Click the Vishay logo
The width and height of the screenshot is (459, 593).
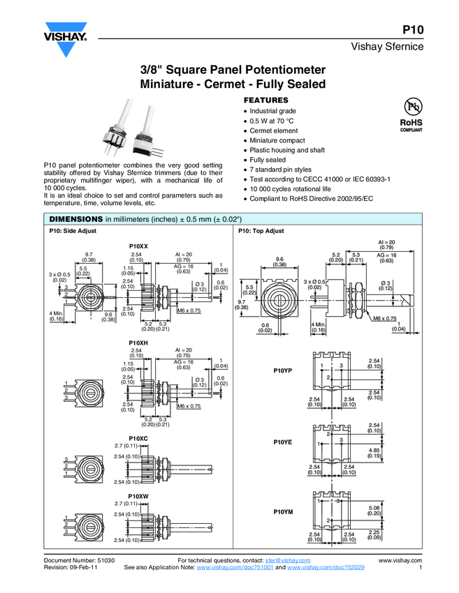point(66,39)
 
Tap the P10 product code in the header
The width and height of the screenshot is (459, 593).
point(413,30)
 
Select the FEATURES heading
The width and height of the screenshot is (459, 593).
point(266,100)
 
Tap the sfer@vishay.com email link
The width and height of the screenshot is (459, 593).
point(288,560)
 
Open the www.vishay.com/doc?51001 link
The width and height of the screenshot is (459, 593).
point(235,567)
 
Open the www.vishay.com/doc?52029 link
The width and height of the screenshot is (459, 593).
point(326,567)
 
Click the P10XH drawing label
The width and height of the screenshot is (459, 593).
point(138,343)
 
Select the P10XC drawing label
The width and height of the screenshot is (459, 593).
point(138,438)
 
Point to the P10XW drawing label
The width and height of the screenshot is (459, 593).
point(138,496)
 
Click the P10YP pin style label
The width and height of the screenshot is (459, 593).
point(282,370)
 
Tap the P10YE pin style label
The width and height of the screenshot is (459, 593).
point(282,442)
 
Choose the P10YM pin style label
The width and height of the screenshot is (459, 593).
point(283,511)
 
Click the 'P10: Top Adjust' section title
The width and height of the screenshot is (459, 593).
point(261,231)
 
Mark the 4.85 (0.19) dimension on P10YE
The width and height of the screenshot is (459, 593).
point(374,453)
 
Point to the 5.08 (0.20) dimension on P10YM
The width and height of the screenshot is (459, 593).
point(374,510)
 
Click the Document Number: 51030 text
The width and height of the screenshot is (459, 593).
point(79,560)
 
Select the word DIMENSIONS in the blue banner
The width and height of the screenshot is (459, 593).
point(76,219)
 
